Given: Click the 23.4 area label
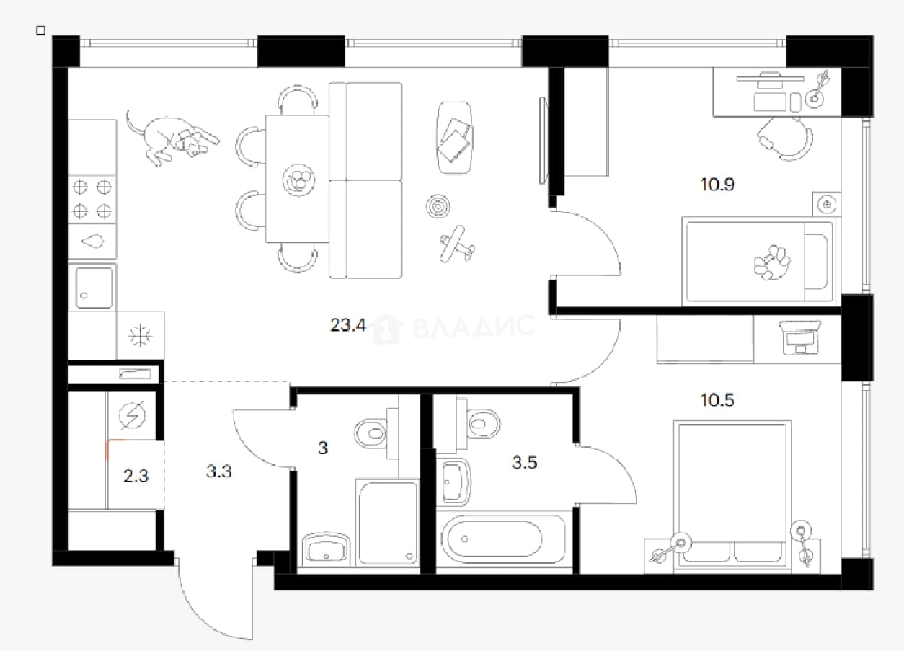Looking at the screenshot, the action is point(348,325).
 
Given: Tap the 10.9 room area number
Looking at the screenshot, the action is point(717,185).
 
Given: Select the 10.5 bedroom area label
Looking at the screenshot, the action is point(717,400).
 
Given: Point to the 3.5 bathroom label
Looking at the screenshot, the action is point(524,462).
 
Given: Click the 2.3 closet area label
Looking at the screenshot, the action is point(136,476).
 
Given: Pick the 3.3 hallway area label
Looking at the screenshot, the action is point(218,471).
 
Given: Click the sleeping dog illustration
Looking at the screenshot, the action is point(172,138).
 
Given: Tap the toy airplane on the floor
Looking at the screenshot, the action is point(457,244).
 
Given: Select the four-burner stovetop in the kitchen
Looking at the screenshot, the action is point(92,200).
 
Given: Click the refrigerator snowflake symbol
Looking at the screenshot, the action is point(140,335).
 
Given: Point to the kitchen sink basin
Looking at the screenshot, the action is point(94,288).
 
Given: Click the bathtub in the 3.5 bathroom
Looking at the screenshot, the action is point(502,539).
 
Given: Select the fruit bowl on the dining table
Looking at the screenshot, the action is point(298,180).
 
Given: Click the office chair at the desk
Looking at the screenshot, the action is point(784,138).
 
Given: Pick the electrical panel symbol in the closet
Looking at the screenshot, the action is point(132,415).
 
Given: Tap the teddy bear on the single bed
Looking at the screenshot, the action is point(771,262).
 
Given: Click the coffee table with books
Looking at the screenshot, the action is point(455,138).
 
